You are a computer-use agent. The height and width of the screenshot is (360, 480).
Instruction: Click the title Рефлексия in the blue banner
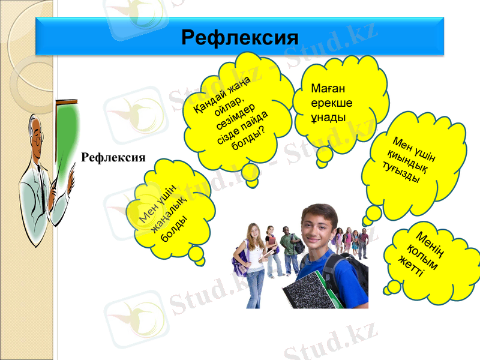point(240,38)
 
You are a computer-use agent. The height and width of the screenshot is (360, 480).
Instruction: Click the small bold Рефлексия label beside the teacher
point(114,157)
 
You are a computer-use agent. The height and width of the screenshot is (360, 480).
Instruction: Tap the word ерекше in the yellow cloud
point(332,103)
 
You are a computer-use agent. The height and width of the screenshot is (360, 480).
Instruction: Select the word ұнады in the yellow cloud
point(328,116)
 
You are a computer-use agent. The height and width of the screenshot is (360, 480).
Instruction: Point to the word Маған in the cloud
point(328,89)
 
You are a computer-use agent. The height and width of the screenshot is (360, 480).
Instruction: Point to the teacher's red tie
point(42,171)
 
